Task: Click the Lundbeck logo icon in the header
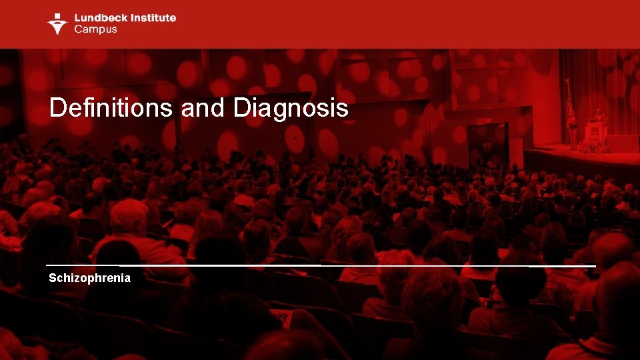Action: coord(57,23)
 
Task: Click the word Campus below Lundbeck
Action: coord(95,29)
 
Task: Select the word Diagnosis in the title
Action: coord(291,108)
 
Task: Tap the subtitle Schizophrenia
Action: coord(89,278)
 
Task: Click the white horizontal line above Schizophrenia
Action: coord(320,266)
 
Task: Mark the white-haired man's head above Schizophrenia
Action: coord(129,215)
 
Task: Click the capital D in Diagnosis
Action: coord(242,108)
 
